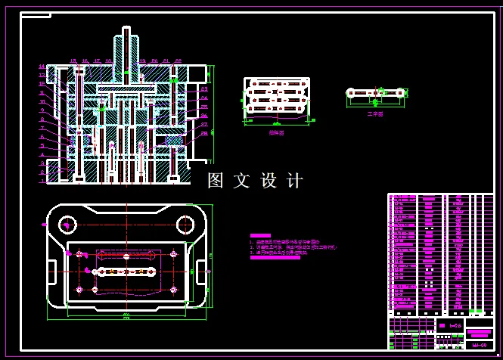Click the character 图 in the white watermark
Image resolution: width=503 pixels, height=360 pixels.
[216, 181]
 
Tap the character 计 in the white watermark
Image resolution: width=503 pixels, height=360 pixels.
[295, 181]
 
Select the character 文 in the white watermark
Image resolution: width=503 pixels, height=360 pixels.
[242, 181]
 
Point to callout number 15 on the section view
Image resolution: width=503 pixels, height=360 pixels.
[73, 61]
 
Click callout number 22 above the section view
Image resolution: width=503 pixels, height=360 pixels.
[178, 61]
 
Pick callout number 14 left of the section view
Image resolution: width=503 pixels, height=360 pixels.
[42, 67]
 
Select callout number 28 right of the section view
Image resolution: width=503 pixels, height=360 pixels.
[204, 133]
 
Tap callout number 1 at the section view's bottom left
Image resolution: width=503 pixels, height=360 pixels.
[42, 182]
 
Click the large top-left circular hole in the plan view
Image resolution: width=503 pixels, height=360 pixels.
[68, 224]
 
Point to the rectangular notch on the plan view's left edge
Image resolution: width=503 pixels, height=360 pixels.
[51, 268]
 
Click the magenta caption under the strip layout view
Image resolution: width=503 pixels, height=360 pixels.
[276, 132]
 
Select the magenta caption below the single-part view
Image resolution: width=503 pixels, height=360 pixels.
[375, 114]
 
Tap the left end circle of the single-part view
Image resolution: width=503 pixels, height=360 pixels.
[351, 93]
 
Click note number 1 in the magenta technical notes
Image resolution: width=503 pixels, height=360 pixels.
[252, 242]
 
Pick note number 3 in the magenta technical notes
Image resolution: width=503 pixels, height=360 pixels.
[252, 253]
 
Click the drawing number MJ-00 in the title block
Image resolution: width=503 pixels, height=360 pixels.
[478, 346]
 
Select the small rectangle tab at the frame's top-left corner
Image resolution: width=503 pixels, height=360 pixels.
[36, 15]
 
